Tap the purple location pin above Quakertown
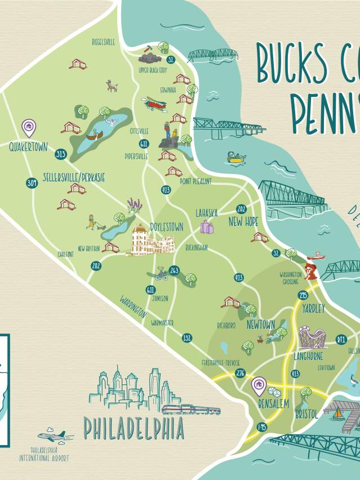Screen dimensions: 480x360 point(28,127)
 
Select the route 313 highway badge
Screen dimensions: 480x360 point(60,154)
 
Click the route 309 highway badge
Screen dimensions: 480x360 point(32,183)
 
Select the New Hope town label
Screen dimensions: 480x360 point(243,221)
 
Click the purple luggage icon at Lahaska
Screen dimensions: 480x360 point(207,227)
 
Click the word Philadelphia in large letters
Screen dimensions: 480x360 point(134,428)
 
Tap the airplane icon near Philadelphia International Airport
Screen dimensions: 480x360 point(52,435)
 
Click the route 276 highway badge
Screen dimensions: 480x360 point(241,374)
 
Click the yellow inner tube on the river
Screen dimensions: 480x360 point(236,158)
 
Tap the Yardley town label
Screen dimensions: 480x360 point(313,308)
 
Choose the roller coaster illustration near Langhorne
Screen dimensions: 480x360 point(312,337)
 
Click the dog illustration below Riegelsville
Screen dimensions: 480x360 point(112,86)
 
